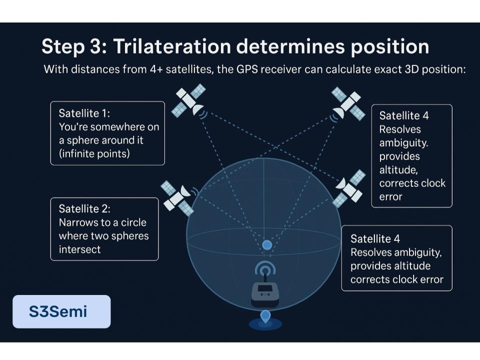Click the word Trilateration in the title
click(172, 46)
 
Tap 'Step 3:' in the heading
click(74, 47)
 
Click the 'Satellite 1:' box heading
click(84, 113)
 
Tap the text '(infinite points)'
click(94, 153)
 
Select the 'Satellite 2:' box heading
click(84, 209)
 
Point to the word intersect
click(79, 249)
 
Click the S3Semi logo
click(61, 311)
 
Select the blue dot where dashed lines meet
click(267, 245)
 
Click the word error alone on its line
click(390, 196)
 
